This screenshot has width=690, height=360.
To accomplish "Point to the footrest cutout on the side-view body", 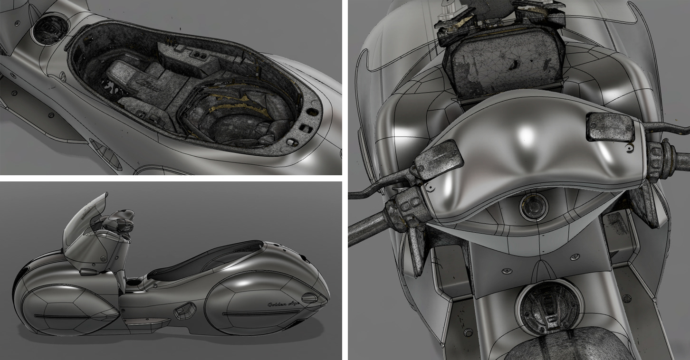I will (x=185, y=311).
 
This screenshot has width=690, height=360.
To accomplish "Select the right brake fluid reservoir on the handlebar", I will (x=610, y=127).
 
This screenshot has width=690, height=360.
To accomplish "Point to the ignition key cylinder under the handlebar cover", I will (x=534, y=207).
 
